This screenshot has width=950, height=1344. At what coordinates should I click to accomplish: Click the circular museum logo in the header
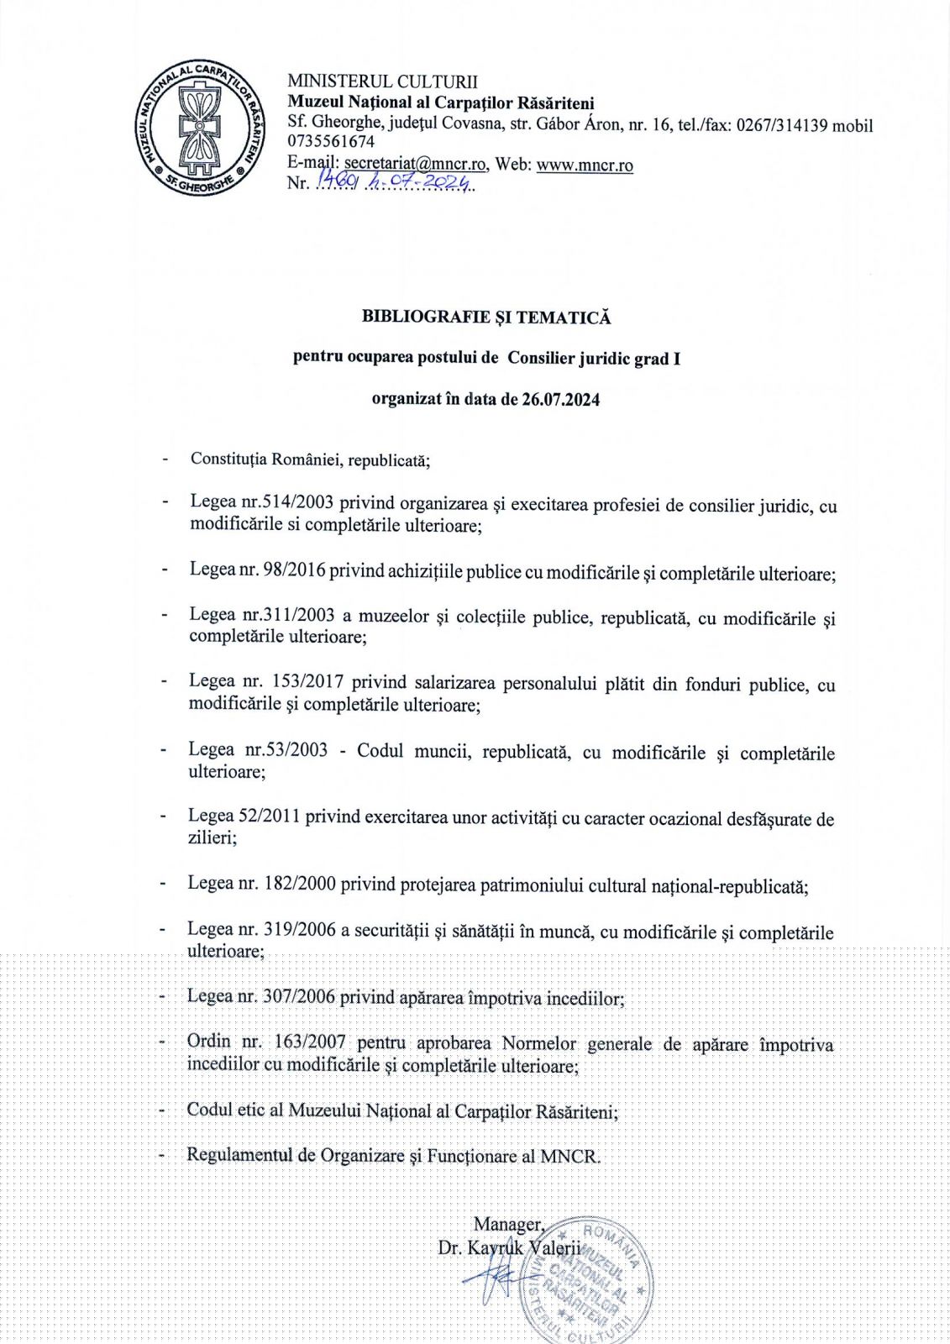[x=199, y=127]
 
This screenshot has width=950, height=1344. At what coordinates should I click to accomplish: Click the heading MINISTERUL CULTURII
[x=382, y=81]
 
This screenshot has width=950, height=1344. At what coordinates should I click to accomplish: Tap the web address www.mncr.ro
[x=585, y=165]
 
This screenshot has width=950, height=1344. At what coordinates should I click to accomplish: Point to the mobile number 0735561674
[x=331, y=142]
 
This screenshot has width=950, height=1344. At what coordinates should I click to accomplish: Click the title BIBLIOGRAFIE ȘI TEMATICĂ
[x=486, y=318]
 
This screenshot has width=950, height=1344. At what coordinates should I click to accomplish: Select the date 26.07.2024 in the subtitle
[x=560, y=399]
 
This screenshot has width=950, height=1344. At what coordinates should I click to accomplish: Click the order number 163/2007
[x=309, y=1042]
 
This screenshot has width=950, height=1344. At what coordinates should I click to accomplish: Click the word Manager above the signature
[x=508, y=1224]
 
